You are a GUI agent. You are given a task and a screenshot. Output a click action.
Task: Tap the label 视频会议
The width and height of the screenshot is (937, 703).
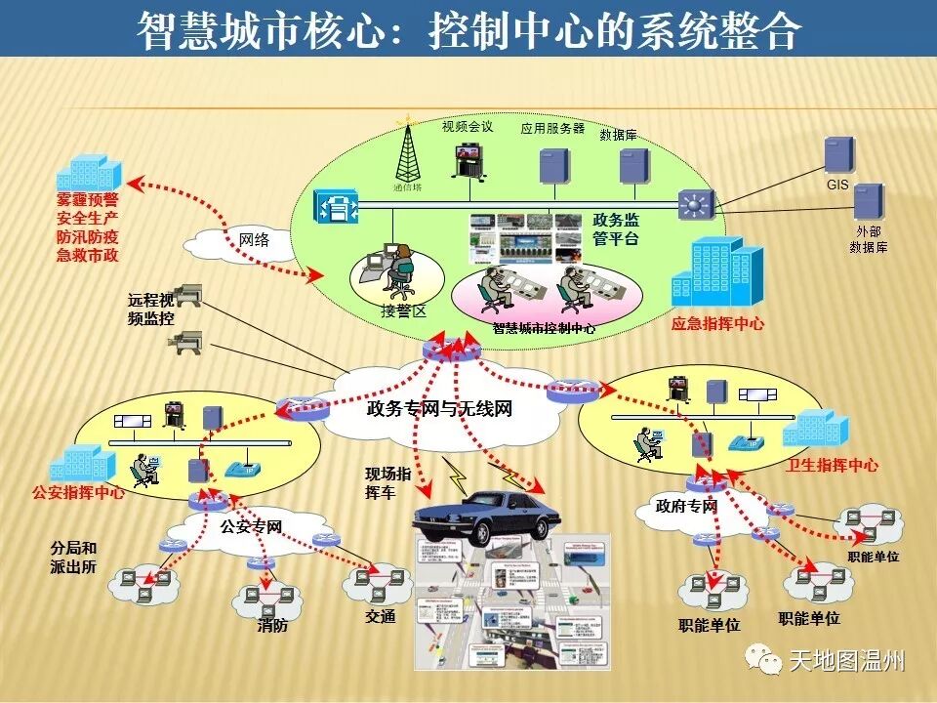(x=468, y=126)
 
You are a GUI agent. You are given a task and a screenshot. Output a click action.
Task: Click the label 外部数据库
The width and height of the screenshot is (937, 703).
(x=869, y=239)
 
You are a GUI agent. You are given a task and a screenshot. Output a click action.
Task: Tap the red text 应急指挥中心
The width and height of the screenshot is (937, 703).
(x=717, y=324)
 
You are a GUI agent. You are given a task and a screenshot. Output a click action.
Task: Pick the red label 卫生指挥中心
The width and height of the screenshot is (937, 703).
(x=832, y=465)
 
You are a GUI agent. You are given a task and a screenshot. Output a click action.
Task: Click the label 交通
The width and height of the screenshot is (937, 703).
(x=381, y=617)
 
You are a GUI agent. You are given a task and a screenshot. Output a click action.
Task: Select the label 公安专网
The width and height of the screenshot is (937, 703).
(x=251, y=527)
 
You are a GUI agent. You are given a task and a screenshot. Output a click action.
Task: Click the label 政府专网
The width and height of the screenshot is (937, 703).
(x=686, y=506)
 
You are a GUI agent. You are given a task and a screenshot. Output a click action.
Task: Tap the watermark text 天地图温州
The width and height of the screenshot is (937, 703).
(x=846, y=661)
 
